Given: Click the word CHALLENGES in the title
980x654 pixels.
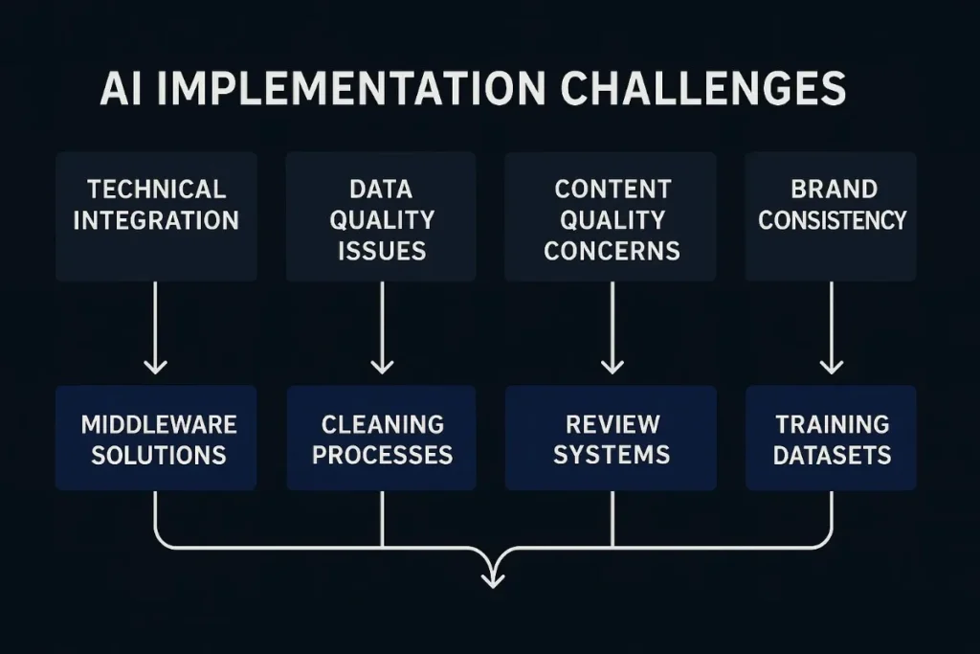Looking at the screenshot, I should pos(703,90).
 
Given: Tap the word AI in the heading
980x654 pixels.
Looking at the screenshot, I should pos(124,90).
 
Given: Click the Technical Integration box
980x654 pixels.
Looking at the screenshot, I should pos(156,216).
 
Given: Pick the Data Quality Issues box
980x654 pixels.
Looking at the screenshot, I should pos(381,216).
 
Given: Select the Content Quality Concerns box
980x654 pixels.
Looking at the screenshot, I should pos(611,216).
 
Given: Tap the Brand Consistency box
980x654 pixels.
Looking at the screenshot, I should pos(831,216).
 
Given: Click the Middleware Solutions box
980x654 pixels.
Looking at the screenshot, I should pos(156,439).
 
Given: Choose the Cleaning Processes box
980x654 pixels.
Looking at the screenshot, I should pos(381,439).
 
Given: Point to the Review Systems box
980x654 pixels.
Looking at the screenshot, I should pos(611,439).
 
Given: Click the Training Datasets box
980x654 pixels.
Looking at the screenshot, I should pos(831,439).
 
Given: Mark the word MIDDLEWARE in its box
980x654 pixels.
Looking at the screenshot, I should pos(158,423).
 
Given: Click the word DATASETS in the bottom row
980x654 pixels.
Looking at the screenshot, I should pos(832,454).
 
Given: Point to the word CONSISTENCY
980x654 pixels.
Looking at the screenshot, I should pos(832,220).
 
